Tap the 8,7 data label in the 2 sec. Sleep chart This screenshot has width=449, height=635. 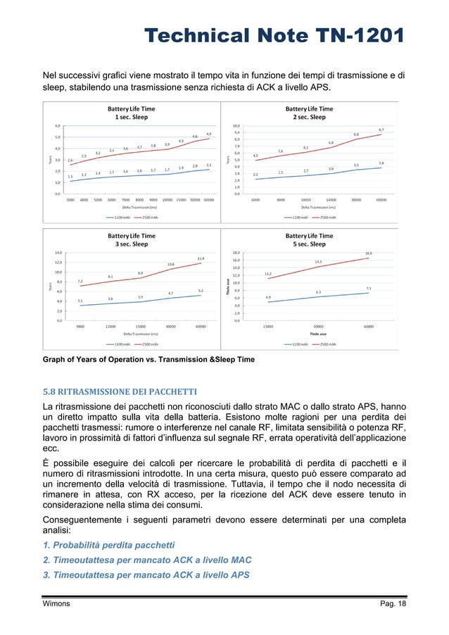coord(381,130)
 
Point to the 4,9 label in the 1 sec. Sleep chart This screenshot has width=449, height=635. coord(209,134)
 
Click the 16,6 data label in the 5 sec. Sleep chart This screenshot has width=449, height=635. coord(368,253)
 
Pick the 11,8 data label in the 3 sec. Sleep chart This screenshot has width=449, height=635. coord(201,258)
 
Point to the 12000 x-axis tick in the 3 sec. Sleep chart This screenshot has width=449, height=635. coord(110,326)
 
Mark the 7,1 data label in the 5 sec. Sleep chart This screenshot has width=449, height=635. coord(368,288)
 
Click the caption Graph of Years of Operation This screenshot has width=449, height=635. coord(148,360)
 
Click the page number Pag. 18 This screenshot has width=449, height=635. coord(391,604)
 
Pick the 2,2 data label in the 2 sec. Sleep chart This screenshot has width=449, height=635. coord(255,174)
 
